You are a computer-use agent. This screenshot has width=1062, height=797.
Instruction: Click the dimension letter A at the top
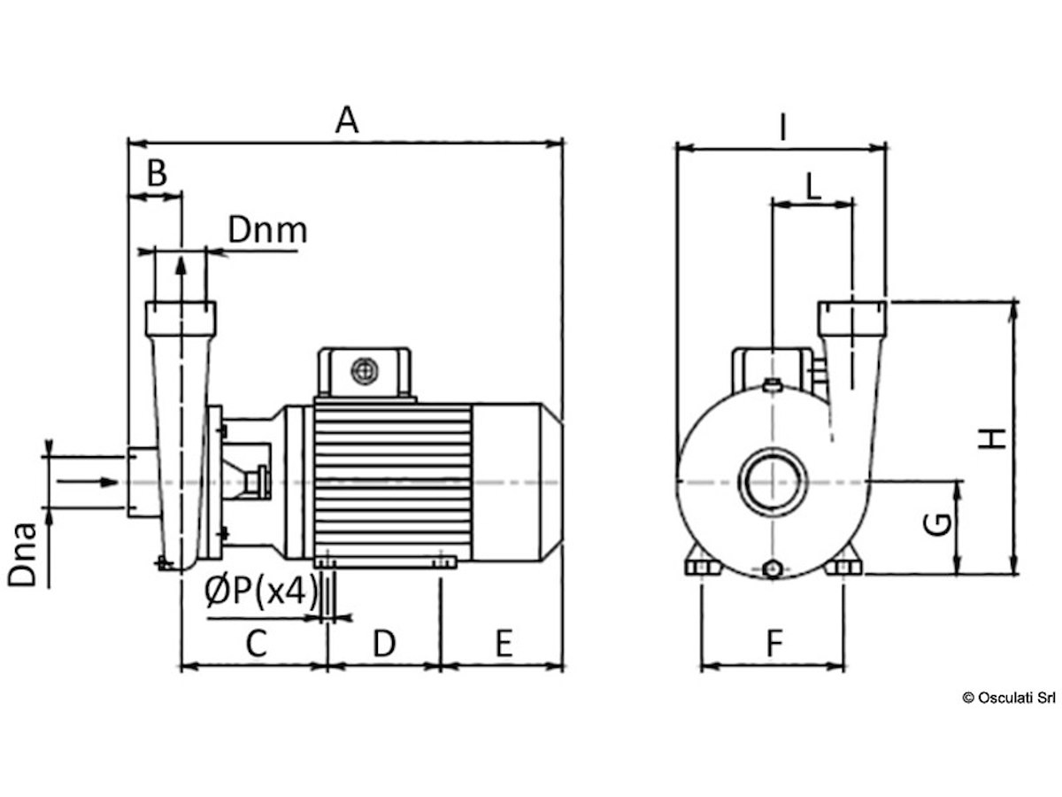click(x=346, y=120)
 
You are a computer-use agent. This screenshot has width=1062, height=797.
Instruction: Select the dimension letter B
click(x=157, y=173)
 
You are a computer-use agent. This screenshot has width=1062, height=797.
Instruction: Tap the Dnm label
click(x=267, y=230)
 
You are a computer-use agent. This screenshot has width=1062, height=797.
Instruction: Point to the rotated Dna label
click(x=23, y=554)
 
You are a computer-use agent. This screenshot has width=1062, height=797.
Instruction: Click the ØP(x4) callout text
click(x=261, y=591)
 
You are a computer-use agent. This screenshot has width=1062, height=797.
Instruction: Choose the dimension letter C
click(x=256, y=643)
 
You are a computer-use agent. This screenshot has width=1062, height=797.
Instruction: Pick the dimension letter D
click(x=384, y=643)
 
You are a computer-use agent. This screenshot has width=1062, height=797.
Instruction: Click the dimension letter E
click(x=504, y=643)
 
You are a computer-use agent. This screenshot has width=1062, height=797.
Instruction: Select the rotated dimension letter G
click(x=937, y=524)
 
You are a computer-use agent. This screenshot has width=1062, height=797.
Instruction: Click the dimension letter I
click(x=783, y=128)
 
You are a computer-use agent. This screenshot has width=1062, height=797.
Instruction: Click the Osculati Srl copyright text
click(x=1009, y=698)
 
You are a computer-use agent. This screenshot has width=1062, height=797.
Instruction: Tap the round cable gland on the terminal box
click(x=365, y=372)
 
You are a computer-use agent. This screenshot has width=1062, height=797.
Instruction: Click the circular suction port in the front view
click(x=773, y=483)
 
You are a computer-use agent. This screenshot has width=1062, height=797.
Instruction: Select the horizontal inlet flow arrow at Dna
click(x=88, y=482)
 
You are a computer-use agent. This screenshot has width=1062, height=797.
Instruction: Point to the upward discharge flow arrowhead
click(x=181, y=267)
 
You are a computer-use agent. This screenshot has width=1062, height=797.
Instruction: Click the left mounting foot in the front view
click(x=703, y=566)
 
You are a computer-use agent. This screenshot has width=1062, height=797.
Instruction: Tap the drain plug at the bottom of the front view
click(x=773, y=569)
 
